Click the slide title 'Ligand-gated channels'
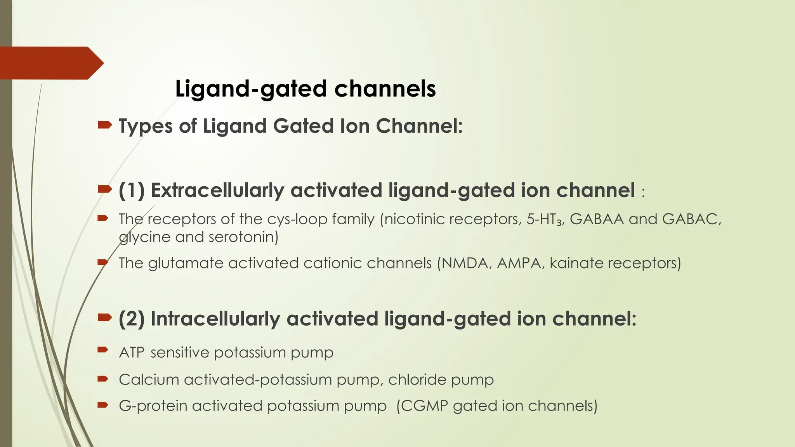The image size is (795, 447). click(305, 88)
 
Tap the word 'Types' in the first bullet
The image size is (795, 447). click(145, 126)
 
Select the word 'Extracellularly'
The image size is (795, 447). click(217, 191)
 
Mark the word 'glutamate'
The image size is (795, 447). click(186, 263)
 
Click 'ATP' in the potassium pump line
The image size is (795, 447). click(132, 353)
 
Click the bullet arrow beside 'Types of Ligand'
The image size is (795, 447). click(104, 125)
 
